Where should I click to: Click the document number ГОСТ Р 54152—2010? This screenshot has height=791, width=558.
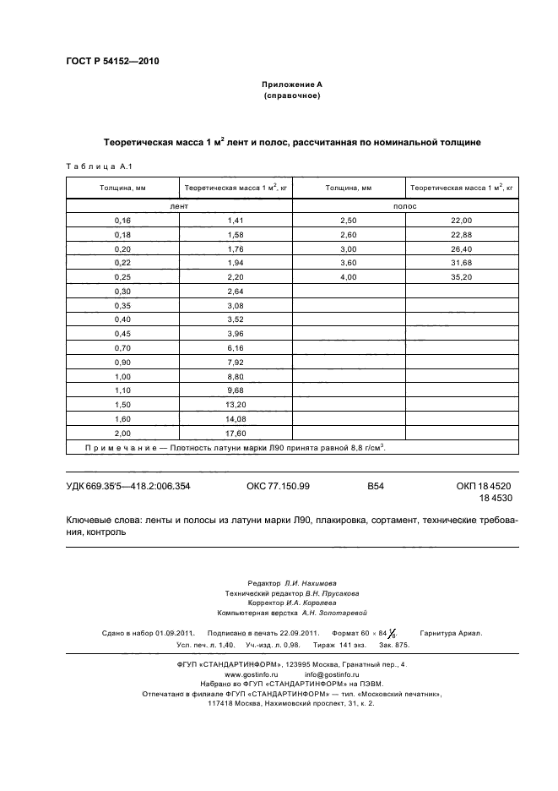pyautogui.click(x=111, y=62)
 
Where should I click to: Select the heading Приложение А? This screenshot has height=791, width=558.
pyautogui.click(x=291, y=85)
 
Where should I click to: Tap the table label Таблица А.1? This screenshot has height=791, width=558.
pyautogui.click(x=95, y=166)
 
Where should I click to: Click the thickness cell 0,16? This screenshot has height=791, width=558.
pyautogui.click(x=122, y=220)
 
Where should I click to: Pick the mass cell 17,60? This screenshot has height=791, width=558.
pyautogui.click(x=236, y=433)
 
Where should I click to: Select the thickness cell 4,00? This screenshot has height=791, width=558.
pyautogui.click(x=348, y=276)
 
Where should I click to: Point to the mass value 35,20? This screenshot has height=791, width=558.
pyautogui.click(x=461, y=276)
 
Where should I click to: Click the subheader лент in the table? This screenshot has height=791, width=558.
pyautogui.click(x=179, y=205)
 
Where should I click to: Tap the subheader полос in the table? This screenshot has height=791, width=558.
pyautogui.click(x=404, y=205)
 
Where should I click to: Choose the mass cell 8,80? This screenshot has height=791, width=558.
pyautogui.click(x=236, y=376)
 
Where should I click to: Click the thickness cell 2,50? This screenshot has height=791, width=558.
pyautogui.click(x=348, y=220)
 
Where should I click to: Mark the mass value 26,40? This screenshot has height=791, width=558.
pyautogui.click(x=461, y=248)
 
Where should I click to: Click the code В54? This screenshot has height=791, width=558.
pyautogui.click(x=376, y=486)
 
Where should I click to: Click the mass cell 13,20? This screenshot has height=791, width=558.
pyautogui.click(x=236, y=404)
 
